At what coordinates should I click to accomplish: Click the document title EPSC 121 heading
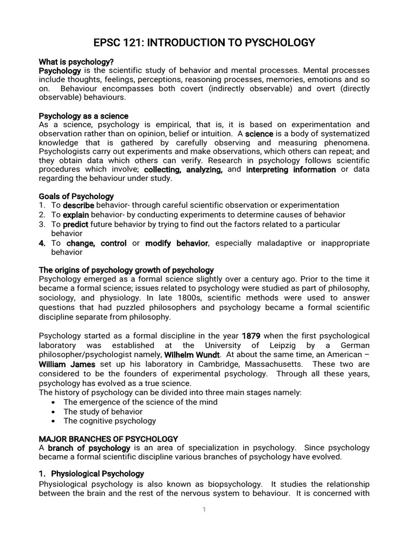pyautogui.click(x=204, y=43)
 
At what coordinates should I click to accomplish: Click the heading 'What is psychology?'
pyautogui.click(x=76, y=62)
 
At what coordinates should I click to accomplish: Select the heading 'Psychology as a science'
pyautogui.click(x=84, y=115)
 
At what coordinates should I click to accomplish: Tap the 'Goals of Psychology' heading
pyautogui.click(x=76, y=196)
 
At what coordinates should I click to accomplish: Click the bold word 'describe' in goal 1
pyautogui.click(x=78, y=205)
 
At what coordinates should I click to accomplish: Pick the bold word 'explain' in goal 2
pyautogui.click(x=76, y=215)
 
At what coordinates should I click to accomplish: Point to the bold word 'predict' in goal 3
pyautogui.click(x=76, y=225)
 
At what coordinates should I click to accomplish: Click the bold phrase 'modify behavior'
pyautogui.click(x=177, y=243)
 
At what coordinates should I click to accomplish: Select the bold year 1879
pyautogui.click(x=251, y=336)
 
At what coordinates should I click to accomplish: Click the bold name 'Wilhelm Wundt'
pyautogui.click(x=192, y=354)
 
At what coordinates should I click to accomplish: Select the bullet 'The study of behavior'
pyautogui.click(x=103, y=411)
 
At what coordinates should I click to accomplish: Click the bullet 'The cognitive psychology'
pyautogui.click(x=110, y=421)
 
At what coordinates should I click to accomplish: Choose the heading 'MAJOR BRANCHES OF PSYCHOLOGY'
pyautogui.click(x=108, y=439)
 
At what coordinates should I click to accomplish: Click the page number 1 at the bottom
pyautogui.click(x=204, y=509)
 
